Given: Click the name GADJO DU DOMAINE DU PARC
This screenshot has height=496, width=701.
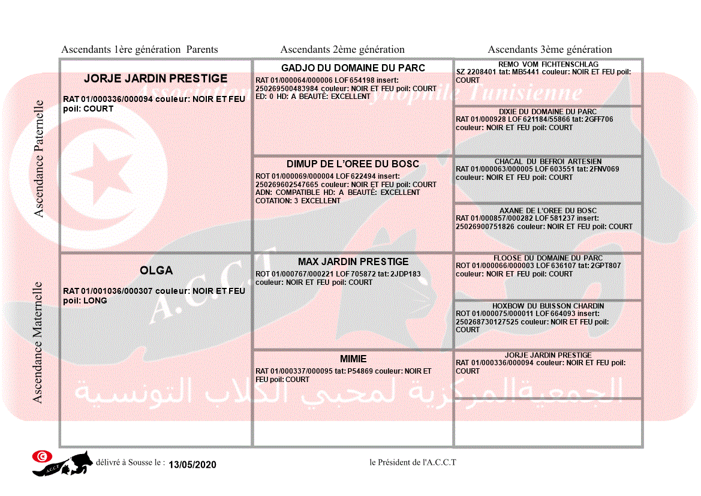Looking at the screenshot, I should point(353,68).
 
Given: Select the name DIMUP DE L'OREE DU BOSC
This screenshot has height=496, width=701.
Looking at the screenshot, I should point(353,164).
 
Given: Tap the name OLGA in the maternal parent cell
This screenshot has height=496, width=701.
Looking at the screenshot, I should point(156,271).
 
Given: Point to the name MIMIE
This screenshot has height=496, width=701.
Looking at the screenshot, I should point(353,359).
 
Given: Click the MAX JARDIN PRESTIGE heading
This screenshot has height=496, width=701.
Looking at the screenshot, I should point(353,262).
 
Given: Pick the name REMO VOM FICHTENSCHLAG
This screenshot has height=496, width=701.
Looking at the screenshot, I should point(548,65).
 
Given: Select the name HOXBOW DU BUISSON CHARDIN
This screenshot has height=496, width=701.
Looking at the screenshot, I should point(548,306).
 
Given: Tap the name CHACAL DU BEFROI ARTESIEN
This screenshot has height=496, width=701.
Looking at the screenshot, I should point(548,162).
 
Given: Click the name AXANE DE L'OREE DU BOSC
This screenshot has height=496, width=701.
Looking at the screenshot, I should point(548,211).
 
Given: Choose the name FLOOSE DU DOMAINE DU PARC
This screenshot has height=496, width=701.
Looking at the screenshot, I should point(548,258).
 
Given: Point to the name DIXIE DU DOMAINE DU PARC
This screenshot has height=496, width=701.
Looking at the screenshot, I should point(548,112).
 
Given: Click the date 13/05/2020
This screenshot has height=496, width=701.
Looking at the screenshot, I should point(192,465).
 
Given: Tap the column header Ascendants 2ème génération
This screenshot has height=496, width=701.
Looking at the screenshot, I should point(342,50).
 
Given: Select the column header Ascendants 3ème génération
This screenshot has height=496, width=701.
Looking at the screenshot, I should point(550,50).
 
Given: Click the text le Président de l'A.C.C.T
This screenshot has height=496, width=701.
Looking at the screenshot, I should point(413,462).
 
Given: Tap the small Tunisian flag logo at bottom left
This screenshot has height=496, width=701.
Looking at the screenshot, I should point(42,456).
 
